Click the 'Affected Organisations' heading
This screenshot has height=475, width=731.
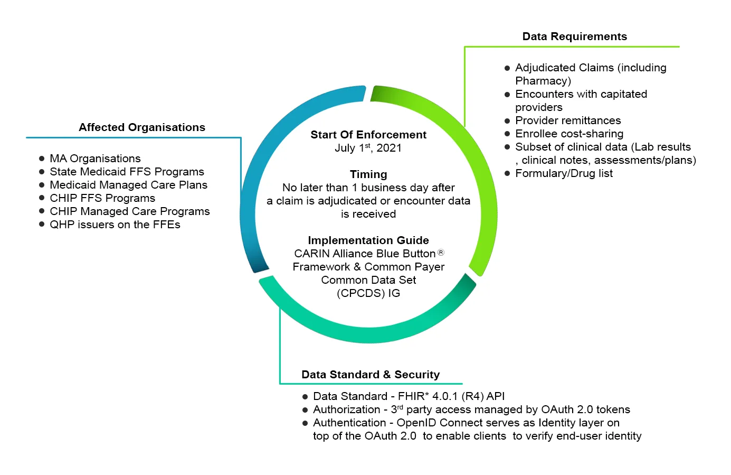(x=142, y=127)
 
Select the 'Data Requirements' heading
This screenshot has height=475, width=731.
(x=574, y=36)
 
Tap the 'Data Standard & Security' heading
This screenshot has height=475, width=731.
(x=370, y=375)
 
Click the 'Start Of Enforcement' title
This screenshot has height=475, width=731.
(x=368, y=135)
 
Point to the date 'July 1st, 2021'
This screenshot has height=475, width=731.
(x=368, y=148)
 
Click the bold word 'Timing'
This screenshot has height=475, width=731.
(x=368, y=174)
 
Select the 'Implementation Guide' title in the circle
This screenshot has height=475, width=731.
(x=368, y=240)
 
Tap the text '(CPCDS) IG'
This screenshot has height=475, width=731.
(x=368, y=293)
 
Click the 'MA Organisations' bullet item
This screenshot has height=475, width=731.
(x=95, y=159)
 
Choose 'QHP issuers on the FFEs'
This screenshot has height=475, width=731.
(x=115, y=225)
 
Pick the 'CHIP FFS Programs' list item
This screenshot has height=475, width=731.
(x=102, y=198)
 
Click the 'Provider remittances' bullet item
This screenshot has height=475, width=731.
(x=568, y=120)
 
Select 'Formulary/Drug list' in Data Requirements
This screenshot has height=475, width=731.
(x=564, y=173)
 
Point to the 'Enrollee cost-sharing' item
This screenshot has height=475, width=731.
(x=569, y=134)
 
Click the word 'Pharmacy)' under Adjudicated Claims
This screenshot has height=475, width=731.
(x=543, y=81)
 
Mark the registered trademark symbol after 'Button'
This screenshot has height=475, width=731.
(x=441, y=253)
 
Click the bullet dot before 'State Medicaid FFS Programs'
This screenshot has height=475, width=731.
(x=42, y=172)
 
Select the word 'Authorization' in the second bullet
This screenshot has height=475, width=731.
(x=346, y=409)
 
